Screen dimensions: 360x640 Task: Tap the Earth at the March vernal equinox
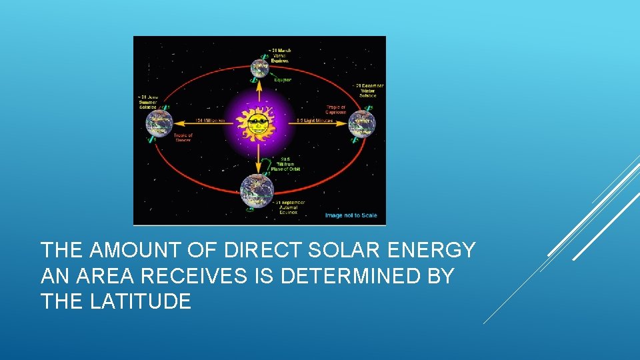point(259,67)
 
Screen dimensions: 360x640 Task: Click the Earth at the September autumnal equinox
point(257,188)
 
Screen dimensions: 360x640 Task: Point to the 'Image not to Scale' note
point(351,215)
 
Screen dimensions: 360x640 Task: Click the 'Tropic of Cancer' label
point(183,138)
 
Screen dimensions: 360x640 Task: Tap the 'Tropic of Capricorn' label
point(335,109)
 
